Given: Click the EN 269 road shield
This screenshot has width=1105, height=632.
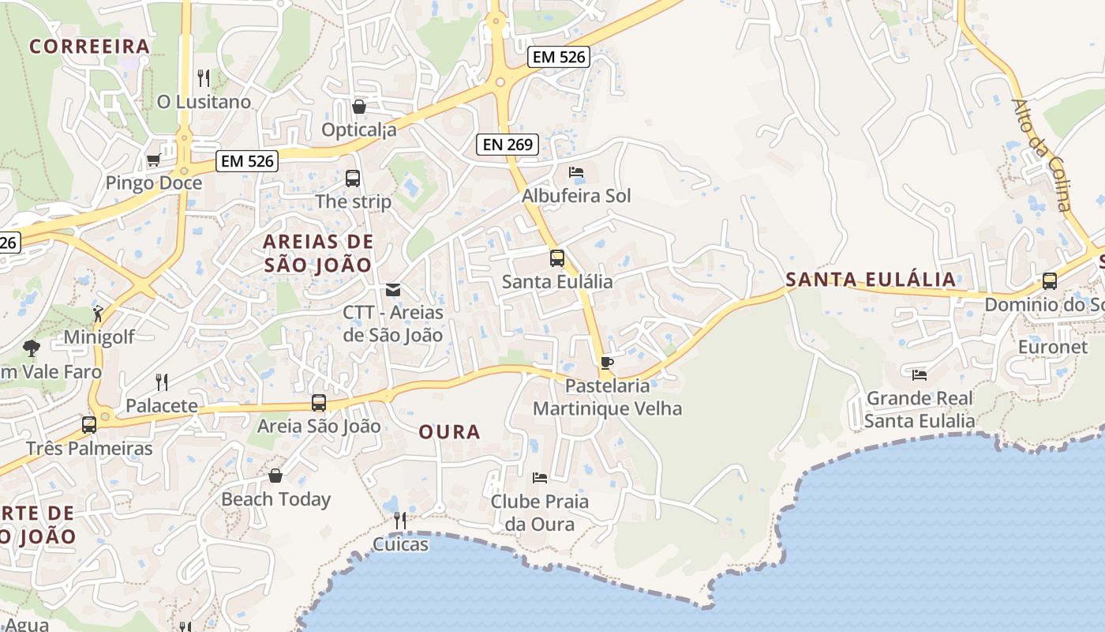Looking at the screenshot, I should click(508, 145).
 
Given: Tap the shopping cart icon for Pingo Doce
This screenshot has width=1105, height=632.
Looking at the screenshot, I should click(153, 160).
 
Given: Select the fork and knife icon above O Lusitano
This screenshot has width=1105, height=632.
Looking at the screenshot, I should click(203, 77).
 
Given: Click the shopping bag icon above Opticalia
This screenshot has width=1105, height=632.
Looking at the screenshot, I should click(359, 106).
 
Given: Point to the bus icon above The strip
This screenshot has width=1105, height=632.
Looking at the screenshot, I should click(353, 179).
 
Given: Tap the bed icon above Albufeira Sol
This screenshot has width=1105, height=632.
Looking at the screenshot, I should click(576, 172).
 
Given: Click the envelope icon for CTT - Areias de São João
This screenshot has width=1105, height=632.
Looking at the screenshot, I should click(393, 290).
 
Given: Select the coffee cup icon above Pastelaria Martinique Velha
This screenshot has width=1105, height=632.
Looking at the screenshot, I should click(606, 363).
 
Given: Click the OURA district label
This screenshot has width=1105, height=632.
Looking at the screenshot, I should click(449, 432).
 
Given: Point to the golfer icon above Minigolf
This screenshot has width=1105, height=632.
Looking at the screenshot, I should click(98, 314).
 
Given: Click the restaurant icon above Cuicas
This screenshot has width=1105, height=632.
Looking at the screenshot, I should click(400, 520).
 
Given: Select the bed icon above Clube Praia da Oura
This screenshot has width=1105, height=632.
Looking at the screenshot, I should click(540, 477).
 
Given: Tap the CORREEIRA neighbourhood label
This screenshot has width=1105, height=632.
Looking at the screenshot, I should click(90, 47).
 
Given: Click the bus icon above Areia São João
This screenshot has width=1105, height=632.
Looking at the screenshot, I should click(319, 403).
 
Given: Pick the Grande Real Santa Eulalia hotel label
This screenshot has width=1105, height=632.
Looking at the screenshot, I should click(920, 409).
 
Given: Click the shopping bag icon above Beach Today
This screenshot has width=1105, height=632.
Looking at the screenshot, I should click(275, 476).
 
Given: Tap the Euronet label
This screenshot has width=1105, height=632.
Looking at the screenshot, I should click(1052, 347).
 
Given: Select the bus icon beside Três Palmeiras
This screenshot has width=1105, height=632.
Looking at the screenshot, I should click(89, 425).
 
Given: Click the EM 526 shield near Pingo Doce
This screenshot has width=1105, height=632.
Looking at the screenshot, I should click(248, 161).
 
